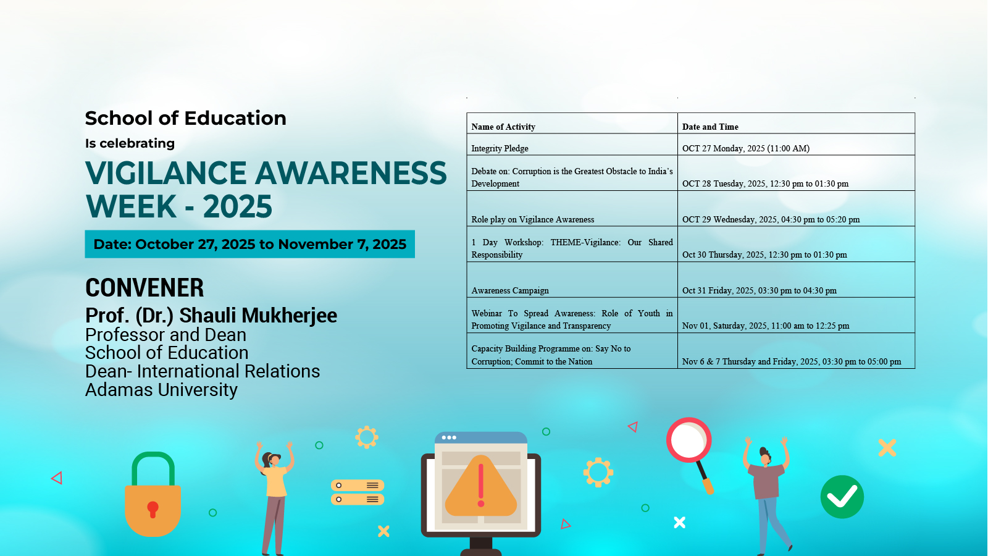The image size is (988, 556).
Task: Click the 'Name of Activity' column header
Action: pyautogui.click(x=503, y=127)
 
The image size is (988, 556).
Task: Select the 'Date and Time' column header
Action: pyautogui.click(x=710, y=127)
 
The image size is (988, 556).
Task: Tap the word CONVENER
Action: pyautogui.click(x=144, y=288)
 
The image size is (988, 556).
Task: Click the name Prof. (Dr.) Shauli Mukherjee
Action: pyautogui.click(x=211, y=315)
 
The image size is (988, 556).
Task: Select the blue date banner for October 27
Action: pyautogui.click(x=249, y=244)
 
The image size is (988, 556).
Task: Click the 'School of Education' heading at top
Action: pyautogui.click(x=185, y=118)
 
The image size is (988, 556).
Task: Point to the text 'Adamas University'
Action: pyautogui.click(x=161, y=390)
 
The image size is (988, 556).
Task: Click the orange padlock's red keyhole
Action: pyautogui.click(x=153, y=509)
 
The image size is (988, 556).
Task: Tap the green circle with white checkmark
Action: pyautogui.click(x=842, y=497)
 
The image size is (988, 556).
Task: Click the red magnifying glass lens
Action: pyautogui.click(x=689, y=440)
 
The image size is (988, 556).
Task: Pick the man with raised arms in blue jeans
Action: pyautogui.click(x=768, y=495)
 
